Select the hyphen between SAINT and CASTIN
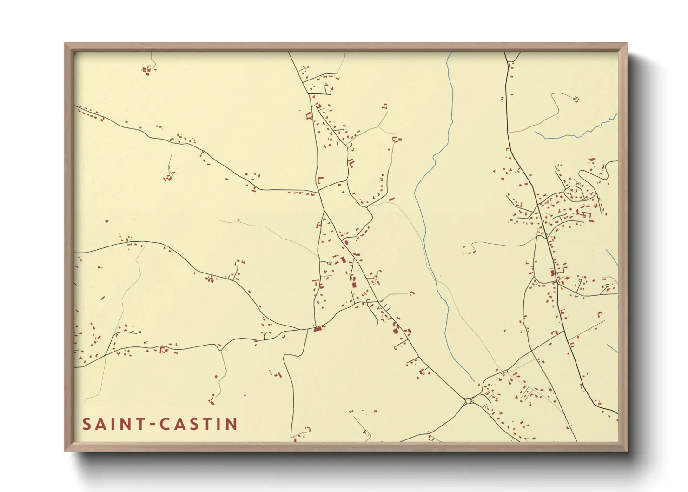pos(151,425)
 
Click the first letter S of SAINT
pos(87,424)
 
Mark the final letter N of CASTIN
pos(231,424)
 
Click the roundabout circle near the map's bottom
pos(468,401)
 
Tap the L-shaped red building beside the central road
pos(320,180)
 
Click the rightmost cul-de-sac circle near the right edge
pos(607,286)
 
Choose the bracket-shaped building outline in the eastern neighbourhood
pos(586,214)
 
